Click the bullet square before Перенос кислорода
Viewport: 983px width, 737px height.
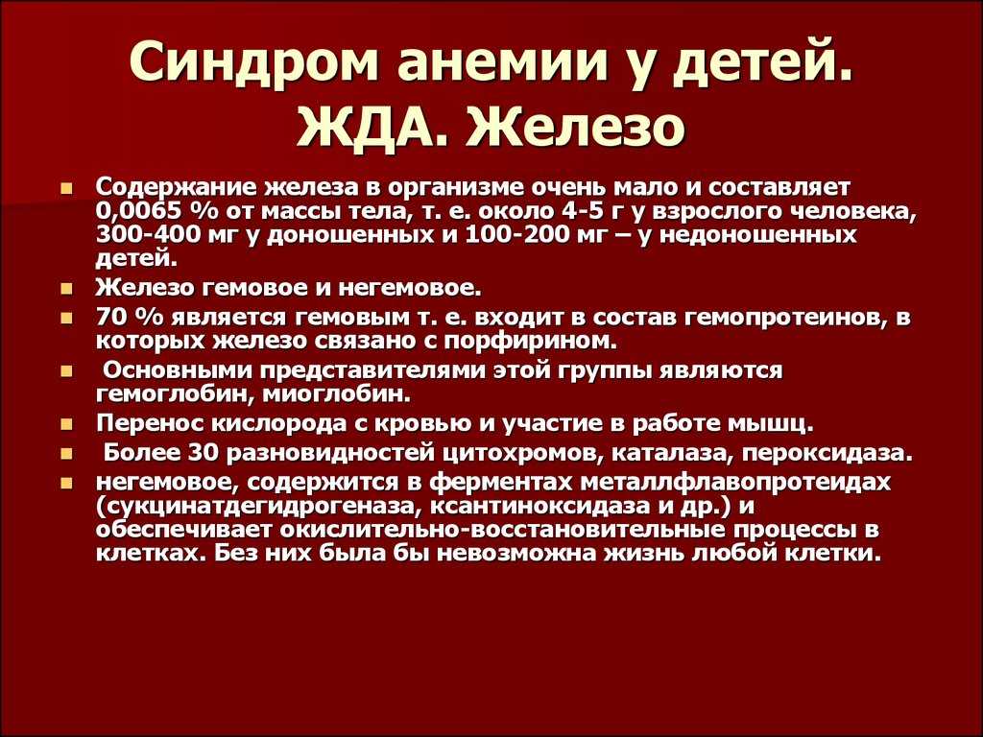click(x=67, y=424)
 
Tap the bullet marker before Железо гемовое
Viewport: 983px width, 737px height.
click(x=67, y=290)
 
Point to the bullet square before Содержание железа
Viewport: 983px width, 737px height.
click(x=67, y=188)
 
